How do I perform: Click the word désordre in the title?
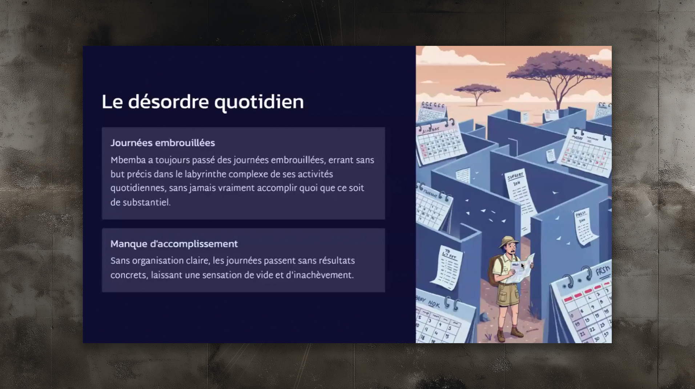168,102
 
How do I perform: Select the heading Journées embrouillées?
162,143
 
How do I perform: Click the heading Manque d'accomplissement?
174,244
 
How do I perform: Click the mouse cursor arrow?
522,266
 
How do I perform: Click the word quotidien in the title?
259,102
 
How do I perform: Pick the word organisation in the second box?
157,261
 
